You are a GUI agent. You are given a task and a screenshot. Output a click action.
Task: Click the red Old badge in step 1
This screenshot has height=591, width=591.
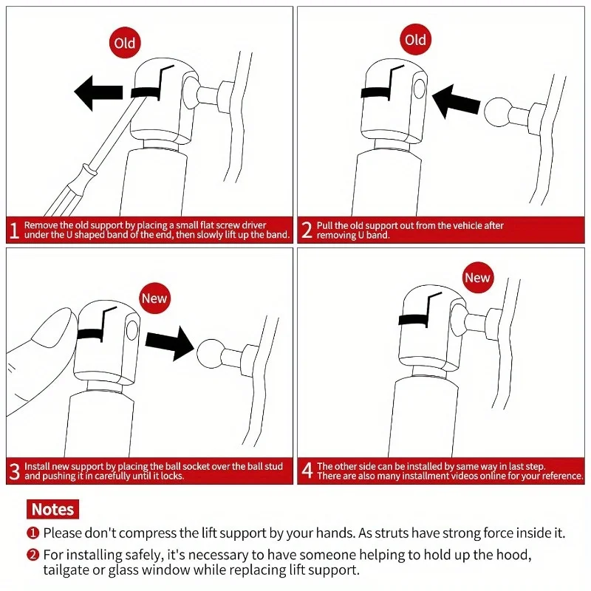125,43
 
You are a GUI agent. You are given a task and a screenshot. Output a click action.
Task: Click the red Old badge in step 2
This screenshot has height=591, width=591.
415,40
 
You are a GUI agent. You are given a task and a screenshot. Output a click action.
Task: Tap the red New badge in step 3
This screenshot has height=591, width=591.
154,298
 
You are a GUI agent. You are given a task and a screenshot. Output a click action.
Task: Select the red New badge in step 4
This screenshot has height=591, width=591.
477,278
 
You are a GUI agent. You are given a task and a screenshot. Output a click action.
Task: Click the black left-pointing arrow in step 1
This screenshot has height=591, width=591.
98,93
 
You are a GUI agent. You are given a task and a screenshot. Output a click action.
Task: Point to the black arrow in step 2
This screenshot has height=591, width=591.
456,100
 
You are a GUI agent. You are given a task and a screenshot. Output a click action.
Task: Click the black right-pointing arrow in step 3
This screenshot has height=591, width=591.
170,344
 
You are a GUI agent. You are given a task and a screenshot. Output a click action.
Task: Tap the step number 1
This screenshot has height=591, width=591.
14,230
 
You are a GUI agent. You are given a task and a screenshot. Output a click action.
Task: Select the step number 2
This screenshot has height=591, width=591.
307,230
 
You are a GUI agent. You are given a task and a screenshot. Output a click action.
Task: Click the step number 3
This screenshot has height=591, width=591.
14,471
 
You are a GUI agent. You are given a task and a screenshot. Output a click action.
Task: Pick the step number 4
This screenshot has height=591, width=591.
307,471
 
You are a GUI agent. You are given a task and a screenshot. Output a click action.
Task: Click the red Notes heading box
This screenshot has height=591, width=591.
52,509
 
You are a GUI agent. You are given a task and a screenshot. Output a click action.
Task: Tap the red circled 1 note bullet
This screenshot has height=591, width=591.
33,533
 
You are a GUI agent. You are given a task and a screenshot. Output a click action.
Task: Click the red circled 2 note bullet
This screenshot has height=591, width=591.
33,555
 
